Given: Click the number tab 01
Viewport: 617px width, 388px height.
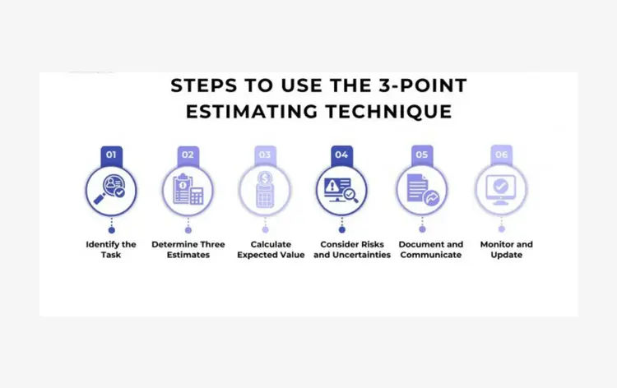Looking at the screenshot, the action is tap(111, 155).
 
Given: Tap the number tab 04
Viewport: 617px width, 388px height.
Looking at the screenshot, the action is tap(341, 155).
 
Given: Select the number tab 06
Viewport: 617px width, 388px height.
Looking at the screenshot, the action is tap(501, 154).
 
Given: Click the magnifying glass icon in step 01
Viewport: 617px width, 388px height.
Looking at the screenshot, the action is tap(109, 189).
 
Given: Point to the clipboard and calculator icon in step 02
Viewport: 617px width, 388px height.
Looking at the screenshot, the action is tap(188, 190).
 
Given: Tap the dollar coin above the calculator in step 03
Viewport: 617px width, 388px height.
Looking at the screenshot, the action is tap(265, 178).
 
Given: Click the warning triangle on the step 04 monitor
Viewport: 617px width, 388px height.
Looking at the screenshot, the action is tap(332, 185).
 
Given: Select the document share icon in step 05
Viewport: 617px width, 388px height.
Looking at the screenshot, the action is tap(423, 190).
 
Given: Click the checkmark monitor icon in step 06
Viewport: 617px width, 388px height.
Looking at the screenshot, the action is tap(500, 190).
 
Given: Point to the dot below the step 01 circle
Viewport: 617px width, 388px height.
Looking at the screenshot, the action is tap(112, 230).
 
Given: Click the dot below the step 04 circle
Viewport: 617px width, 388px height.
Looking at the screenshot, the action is tap(342, 229).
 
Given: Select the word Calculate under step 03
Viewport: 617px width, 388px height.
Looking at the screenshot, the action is tap(271, 244).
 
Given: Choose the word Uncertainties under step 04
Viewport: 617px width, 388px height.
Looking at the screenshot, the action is tap(361, 255).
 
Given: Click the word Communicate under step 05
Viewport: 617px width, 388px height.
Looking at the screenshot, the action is tap(431, 255).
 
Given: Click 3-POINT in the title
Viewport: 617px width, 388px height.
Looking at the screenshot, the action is tap(423, 85).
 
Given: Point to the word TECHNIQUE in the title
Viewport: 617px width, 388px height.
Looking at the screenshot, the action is tap(389, 112).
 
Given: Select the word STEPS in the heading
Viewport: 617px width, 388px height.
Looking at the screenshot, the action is tap(204, 85).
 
